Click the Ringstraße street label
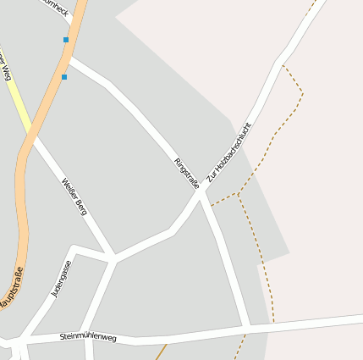(186, 173)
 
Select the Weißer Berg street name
(74, 196)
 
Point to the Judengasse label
(61, 279)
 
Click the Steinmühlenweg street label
(88, 337)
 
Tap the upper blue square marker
(66, 40)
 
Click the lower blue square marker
(63, 77)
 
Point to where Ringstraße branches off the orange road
(69, 59)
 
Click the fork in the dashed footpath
(238, 195)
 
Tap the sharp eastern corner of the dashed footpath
(302, 91)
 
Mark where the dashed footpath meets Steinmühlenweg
(273, 323)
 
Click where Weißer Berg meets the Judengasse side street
(113, 256)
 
